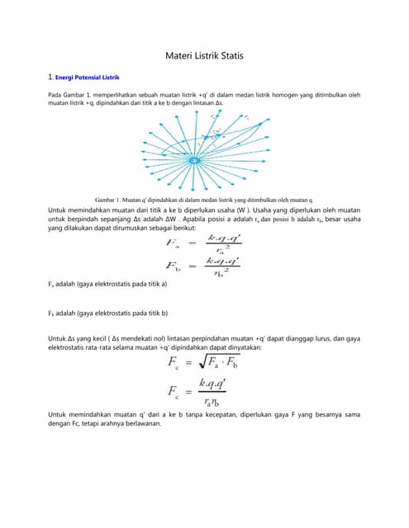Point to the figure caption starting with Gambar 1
(x=204, y=200)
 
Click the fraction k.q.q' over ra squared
(x=224, y=243)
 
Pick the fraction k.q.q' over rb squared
(x=224, y=266)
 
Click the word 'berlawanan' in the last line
(x=142, y=425)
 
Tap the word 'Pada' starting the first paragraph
(x=57, y=96)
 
